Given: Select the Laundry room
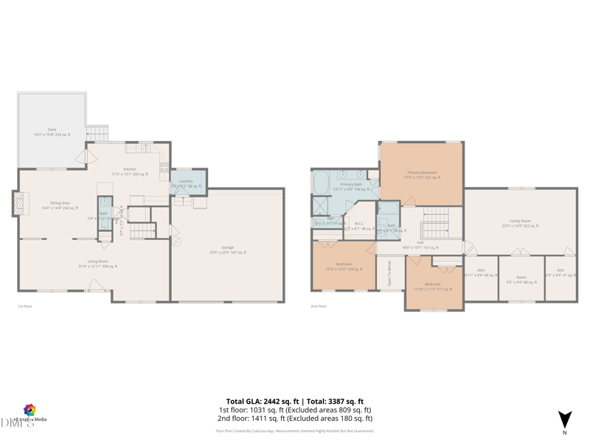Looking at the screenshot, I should click(x=186, y=183).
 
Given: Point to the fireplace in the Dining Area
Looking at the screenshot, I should click(x=18, y=204).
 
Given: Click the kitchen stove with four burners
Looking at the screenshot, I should click(x=164, y=167).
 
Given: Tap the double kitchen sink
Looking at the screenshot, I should click(x=145, y=148).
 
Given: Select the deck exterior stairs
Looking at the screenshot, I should click(x=97, y=134).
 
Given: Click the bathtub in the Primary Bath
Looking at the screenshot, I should click(x=322, y=182).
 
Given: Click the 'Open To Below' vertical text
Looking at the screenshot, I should click(x=389, y=274).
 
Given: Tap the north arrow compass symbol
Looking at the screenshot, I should click(x=564, y=419).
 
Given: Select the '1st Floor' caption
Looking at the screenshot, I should click(x=25, y=306).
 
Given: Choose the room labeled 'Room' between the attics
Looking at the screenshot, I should click(x=521, y=279).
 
